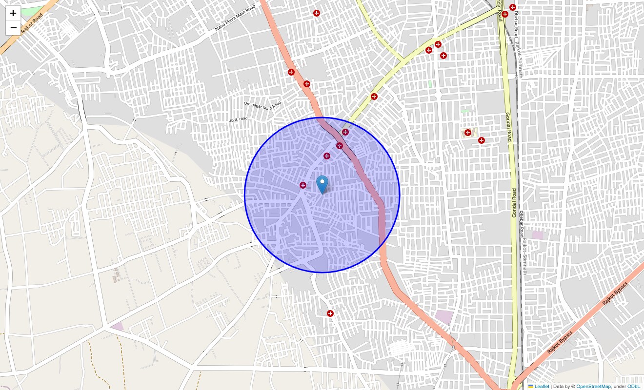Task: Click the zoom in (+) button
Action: click(x=13, y=13)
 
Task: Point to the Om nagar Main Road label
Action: click(x=262, y=104)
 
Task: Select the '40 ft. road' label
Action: click(x=239, y=119)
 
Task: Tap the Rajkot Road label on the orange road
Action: click(x=32, y=23)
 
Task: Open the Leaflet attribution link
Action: click(x=542, y=386)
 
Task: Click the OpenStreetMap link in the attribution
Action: click(x=593, y=386)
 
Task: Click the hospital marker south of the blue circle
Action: click(x=330, y=313)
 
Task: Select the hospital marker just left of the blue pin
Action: click(x=303, y=185)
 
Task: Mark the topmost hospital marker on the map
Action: click(x=513, y=7)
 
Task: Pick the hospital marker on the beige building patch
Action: click(x=467, y=133)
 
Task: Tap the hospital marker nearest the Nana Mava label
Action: click(x=317, y=13)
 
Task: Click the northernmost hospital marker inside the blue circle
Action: click(x=345, y=132)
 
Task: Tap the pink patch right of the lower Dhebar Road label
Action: click(x=538, y=235)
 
